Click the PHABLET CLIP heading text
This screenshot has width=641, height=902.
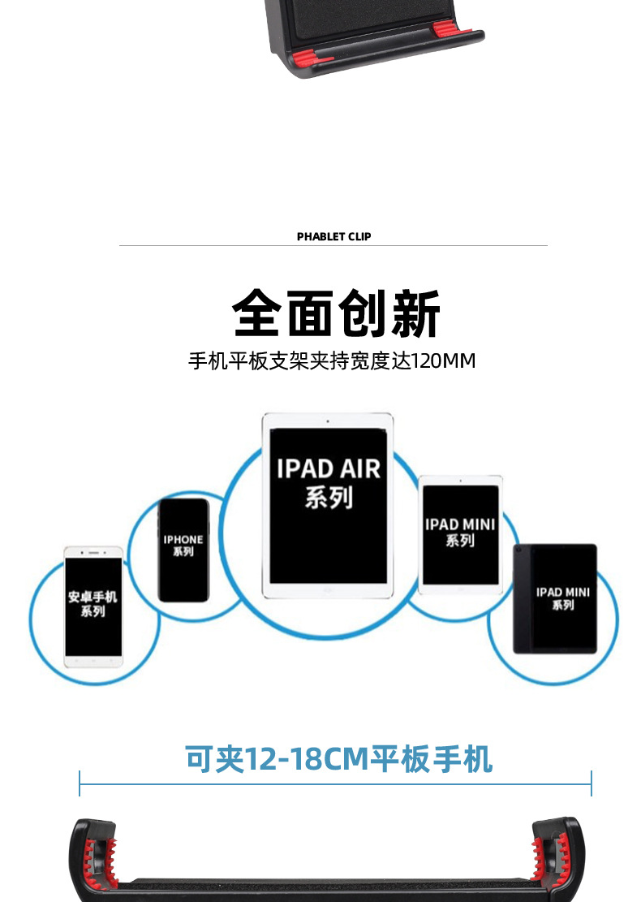coord(333,237)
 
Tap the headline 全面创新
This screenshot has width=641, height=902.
coord(336,313)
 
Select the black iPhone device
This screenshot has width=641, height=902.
coord(183,550)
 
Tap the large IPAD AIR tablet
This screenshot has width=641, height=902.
coord(328,505)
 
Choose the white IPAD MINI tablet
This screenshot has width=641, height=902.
coord(460,534)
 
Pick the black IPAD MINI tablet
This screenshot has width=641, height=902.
coord(555,598)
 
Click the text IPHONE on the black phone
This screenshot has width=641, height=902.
coord(183,539)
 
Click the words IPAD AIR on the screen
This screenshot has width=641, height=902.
coord(328,468)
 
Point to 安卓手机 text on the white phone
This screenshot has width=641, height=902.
coord(92,597)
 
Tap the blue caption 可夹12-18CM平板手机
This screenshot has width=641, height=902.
coord(338,759)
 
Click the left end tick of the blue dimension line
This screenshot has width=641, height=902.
coord(80,783)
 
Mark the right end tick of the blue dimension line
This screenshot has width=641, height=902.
coord(592,783)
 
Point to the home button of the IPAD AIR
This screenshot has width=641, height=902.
coord(328,591)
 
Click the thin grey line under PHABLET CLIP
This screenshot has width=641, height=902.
coord(333,245)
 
